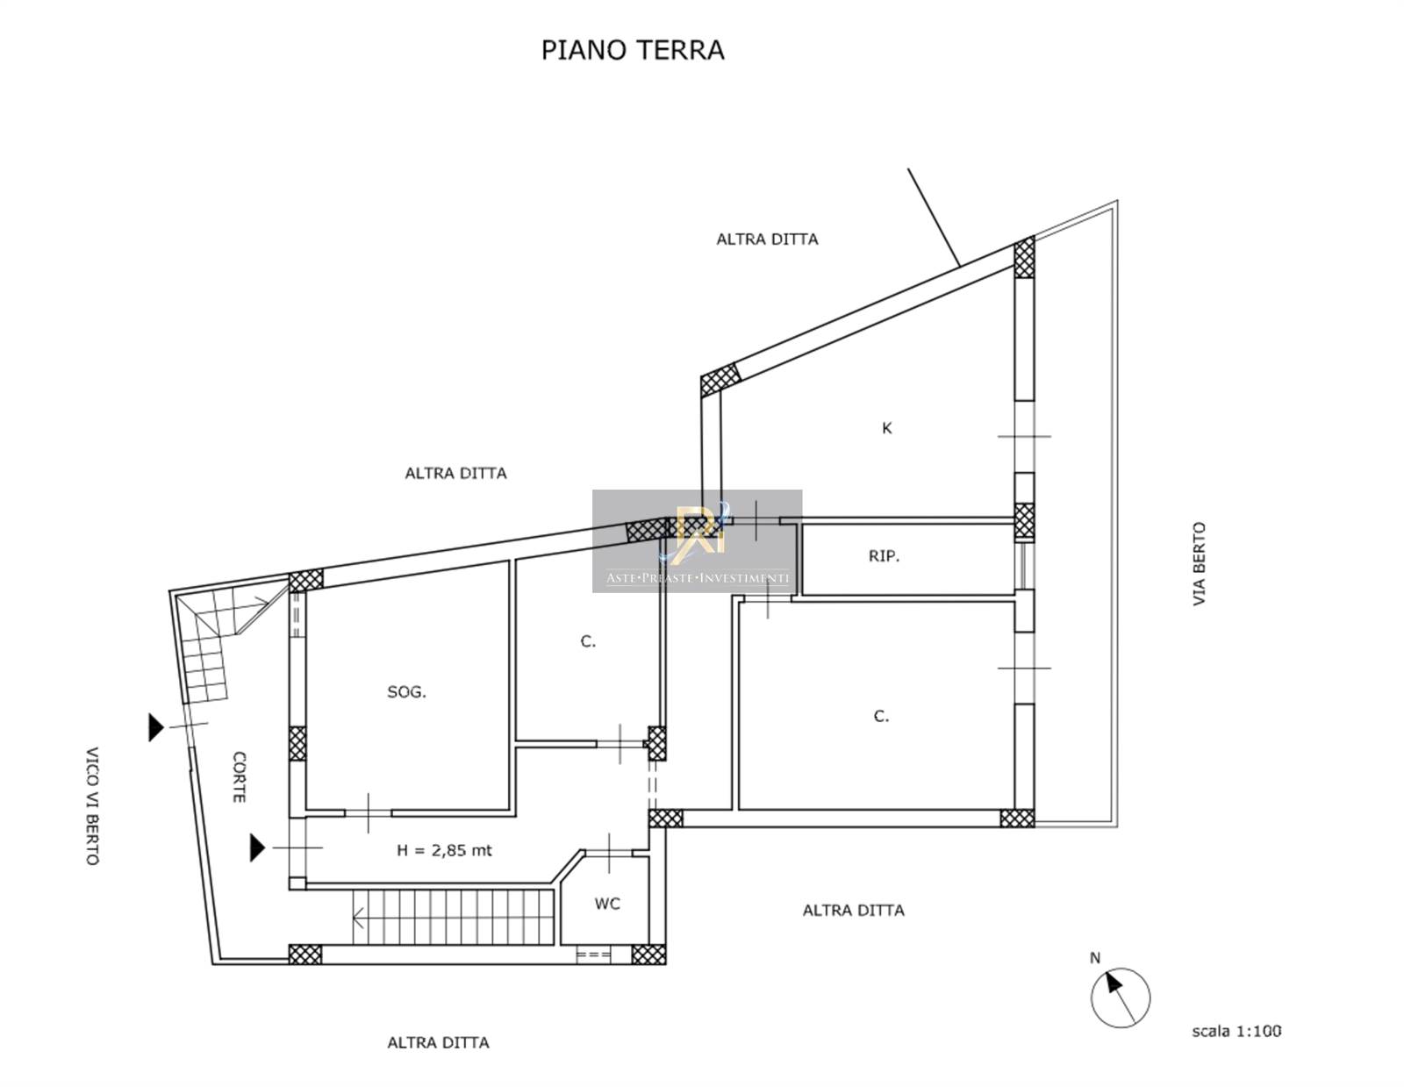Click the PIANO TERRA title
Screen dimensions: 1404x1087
click(633, 50)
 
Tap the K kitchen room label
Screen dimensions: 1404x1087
click(886, 427)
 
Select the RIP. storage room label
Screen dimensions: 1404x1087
click(884, 556)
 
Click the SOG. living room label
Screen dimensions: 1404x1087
click(406, 692)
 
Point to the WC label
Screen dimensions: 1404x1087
click(607, 904)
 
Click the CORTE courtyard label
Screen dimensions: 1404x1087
click(239, 777)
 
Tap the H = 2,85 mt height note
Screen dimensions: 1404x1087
click(444, 850)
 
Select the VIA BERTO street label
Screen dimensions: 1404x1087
click(1199, 563)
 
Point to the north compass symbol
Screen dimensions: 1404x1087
click(1121, 998)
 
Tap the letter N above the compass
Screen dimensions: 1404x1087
click(1094, 958)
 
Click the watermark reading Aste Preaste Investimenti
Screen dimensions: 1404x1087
click(697, 577)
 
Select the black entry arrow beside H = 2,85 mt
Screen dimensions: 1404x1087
click(258, 847)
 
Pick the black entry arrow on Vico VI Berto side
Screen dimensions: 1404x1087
click(155, 727)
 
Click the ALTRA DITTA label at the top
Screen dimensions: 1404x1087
click(767, 240)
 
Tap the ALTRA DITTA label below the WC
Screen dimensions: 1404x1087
click(854, 911)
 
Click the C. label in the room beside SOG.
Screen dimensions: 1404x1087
click(588, 641)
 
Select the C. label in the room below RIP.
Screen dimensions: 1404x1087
click(881, 716)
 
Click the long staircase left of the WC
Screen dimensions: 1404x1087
click(454, 917)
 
